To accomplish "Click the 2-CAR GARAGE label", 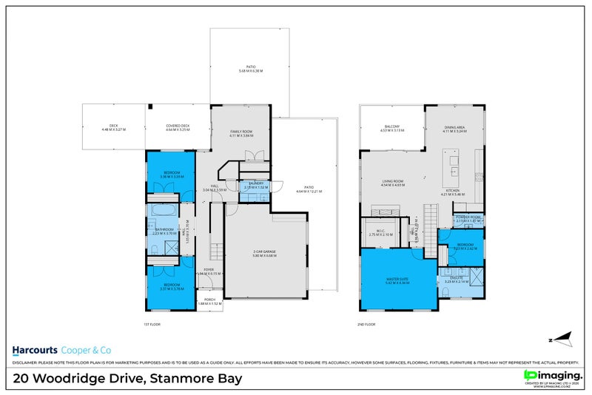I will click(x=264, y=252).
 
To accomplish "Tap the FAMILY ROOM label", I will click(x=241, y=132).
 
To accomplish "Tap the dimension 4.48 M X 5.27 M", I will click(x=114, y=130).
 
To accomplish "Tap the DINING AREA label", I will click(x=454, y=127).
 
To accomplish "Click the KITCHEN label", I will click(x=453, y=190).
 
